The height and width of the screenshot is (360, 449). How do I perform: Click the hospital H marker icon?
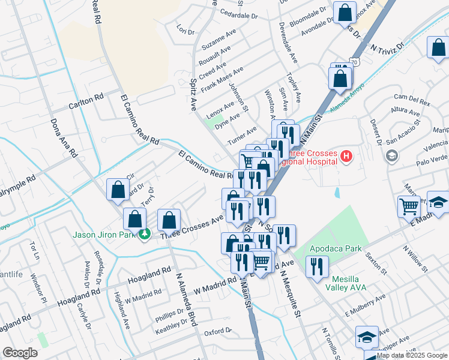(x=345, y=158)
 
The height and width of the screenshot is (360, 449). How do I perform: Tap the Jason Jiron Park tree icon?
(x=144, y=234)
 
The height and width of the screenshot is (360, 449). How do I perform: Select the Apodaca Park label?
(x=335, y=248)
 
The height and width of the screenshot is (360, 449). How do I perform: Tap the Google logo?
(x=20, y=353)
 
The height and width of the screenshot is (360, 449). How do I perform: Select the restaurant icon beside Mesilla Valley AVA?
(x=316, y=266)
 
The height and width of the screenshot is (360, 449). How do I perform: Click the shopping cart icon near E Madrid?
(x=409, y=206)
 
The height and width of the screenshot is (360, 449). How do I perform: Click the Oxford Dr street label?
(x=217, y=331)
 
